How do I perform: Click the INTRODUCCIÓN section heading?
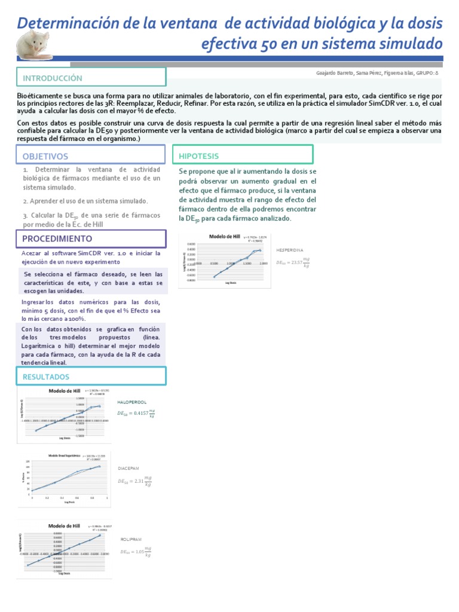tap(53, 78)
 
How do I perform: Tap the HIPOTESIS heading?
tap(199, 156)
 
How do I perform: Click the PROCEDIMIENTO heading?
tap(57, 238)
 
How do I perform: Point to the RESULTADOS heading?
tap(46, 377)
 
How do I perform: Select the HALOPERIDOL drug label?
tap(132, 403)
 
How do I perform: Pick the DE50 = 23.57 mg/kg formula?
tap(293, 262)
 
